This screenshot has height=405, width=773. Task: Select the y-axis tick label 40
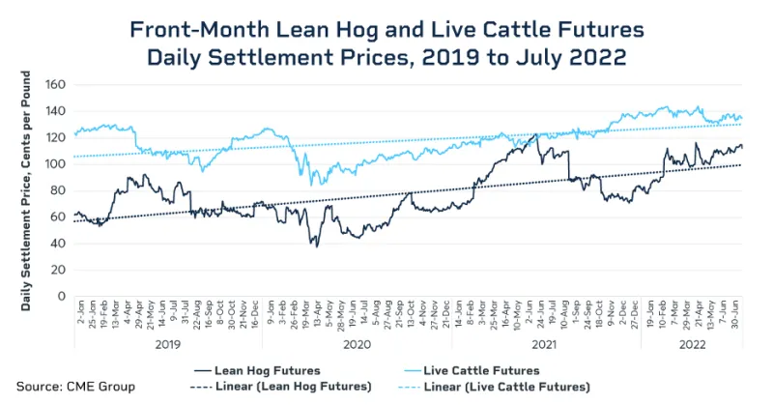(x=56, y=244)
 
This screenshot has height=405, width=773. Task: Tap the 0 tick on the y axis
(x=60, y=296)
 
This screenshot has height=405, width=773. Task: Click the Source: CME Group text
(x=75, y=387)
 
